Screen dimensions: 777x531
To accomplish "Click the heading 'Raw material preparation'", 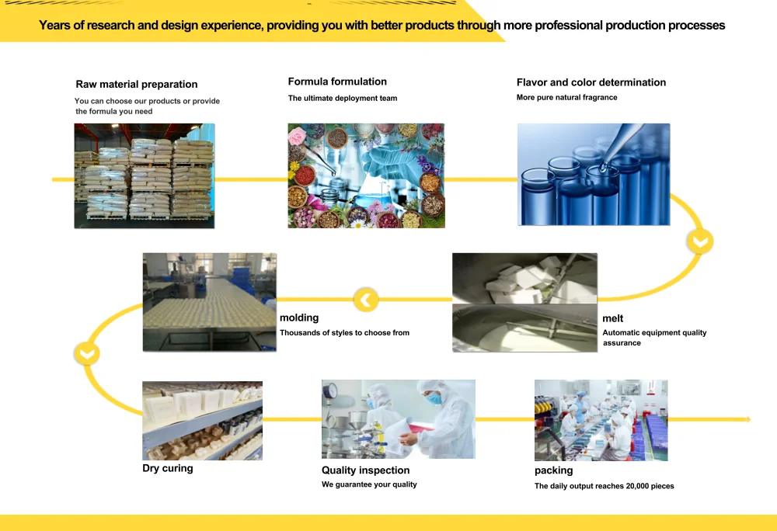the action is tap(136, 85).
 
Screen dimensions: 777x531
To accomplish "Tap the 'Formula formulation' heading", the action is tap(337, 82).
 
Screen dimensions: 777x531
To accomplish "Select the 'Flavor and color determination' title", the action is tap(591, 82).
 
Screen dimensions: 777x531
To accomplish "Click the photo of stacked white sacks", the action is tap(144, 175).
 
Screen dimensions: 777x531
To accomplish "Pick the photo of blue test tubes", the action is tap(593, 175).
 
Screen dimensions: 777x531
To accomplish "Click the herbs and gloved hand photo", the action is tap(366, 175).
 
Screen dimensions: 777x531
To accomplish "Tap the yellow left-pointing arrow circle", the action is tap(366, 300).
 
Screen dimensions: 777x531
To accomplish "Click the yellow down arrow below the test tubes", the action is tap(700, 242).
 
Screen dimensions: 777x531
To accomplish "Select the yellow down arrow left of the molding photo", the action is tap(86, 353).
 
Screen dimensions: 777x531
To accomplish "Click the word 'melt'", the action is tap(612, 318).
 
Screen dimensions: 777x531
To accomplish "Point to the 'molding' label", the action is tap(299, 318).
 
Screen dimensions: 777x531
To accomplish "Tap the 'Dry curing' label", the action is tap(167, 468).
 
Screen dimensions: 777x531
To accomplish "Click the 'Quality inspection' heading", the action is tap(365, 470).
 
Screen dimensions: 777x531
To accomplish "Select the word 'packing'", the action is tap(553, 470).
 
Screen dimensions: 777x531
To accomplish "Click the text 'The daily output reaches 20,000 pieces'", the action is tap(604, 486).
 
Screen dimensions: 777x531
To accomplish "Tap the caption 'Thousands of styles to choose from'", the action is tap(344, 333).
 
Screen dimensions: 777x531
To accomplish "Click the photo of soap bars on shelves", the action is tap(202, 420).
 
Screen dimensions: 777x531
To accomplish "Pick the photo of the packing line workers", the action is tap(601, 420).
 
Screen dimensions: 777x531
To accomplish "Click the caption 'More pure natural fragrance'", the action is tap(566, 98).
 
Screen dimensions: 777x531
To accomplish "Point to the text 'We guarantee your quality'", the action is tap(369, 484).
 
